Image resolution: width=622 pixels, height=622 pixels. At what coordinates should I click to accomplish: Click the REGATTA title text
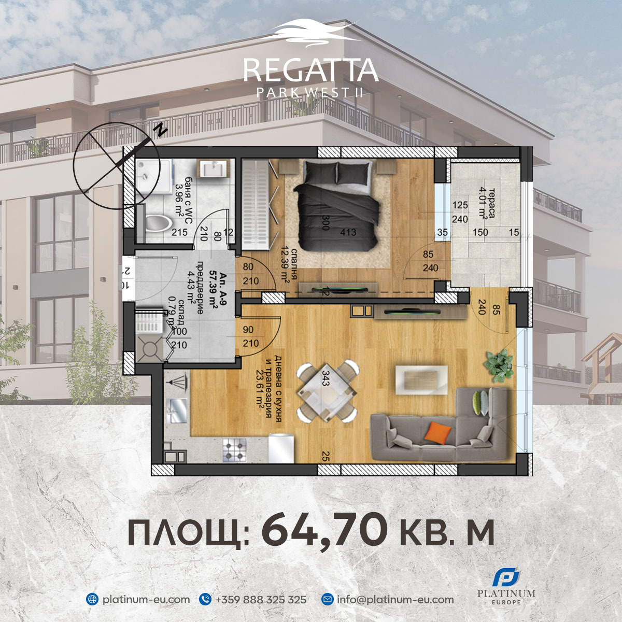[310, 70]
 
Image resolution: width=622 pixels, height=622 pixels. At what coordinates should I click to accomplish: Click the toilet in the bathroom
[158, 224]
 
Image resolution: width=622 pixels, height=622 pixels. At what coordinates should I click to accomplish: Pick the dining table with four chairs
[327, 392]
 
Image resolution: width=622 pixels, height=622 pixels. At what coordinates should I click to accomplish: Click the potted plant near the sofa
[499, 363]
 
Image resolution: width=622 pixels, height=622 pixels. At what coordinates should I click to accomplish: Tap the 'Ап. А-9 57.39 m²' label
[213, 290]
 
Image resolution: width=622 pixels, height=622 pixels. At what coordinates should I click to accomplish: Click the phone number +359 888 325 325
[261, 599]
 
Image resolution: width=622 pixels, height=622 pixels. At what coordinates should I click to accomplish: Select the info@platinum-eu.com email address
[395, 599]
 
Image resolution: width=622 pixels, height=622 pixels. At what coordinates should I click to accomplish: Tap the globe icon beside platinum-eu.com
[92, 599]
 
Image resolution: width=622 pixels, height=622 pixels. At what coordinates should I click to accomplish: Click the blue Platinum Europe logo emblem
[506, 577]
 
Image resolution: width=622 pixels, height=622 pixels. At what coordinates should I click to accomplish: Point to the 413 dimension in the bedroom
[348, 232]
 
